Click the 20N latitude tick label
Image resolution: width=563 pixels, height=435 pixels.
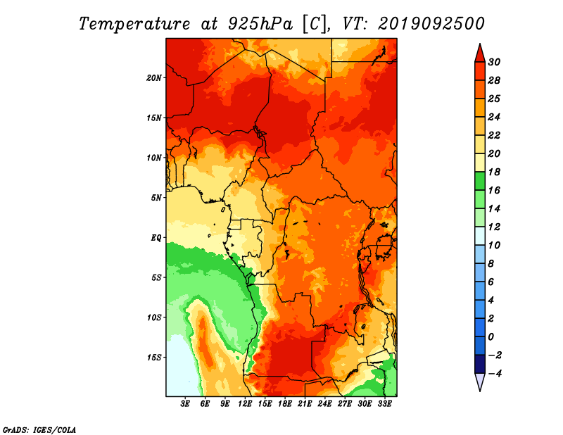click(x=154, y=77)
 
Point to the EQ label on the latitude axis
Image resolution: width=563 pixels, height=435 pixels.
click(x=156, y=237)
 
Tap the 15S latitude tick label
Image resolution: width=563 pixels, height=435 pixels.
click(x=154, y=358)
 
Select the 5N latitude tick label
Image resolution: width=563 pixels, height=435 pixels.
click(x=156, y=198)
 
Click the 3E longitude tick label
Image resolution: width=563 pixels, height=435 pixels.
click(x=185, y=403)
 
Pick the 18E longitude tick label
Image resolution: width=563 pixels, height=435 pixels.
click(x=285, y=403)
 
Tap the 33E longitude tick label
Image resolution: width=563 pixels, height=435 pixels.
click(x=384, y=403)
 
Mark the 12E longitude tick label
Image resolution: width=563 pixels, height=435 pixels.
click(x=245, y=403)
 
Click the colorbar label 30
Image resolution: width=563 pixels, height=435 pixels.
click(x=494, y=62)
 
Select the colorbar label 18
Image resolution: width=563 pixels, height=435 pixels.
click(x=494, y=172)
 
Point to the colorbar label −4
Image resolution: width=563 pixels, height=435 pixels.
click(x=495, y=374)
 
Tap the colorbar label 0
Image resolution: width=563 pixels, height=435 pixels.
click(x=491, y=337)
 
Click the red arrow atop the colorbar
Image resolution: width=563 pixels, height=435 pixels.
click(x=480, y=53)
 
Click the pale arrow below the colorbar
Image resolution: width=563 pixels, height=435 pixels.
click(x=480, y=382)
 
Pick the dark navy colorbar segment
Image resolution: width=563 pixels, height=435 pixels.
click(x=480, y=364)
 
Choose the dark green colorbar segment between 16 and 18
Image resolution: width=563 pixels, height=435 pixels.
click(x=480, y=181)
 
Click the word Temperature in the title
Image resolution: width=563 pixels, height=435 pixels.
click(x=134, y=24)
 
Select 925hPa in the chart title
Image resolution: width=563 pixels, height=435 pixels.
click(x=260, y=24)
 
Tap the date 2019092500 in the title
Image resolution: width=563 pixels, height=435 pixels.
click(x=431, y=24)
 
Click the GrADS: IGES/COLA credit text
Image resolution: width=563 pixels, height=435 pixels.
click(x=39, y=430)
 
